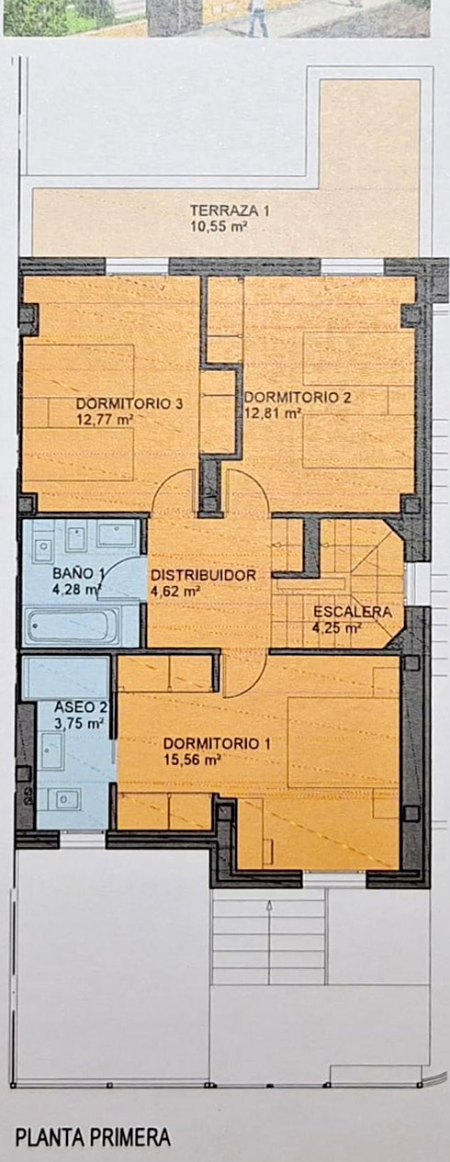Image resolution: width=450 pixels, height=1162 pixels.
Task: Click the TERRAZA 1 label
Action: tap(230, 210)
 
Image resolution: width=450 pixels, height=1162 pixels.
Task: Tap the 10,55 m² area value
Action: tap(219, 227)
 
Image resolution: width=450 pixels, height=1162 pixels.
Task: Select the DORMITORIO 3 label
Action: tap(129, 403)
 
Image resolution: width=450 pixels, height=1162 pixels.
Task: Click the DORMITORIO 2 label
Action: tap(298, 398)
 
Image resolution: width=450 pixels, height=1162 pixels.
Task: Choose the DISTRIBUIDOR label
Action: tap(203, 575)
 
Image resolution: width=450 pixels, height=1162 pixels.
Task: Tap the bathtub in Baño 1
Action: tap(73, 626)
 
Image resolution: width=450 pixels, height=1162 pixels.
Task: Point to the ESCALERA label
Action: tap(353, 612)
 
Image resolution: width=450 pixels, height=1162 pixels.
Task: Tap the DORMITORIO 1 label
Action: tap(217, 743)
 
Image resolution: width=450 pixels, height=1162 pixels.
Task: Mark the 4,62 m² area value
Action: tap(175, 592)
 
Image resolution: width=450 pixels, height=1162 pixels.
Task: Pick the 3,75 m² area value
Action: tap(79, 723)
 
